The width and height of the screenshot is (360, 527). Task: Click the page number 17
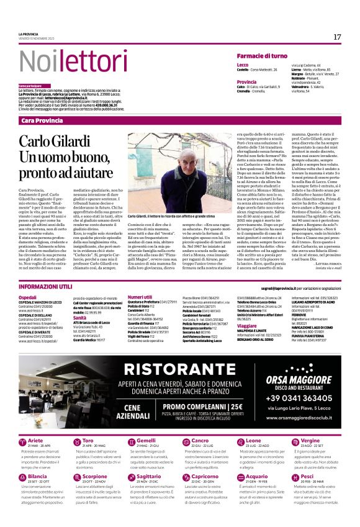(336, 37)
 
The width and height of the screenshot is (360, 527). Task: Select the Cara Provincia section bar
(42, 119)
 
